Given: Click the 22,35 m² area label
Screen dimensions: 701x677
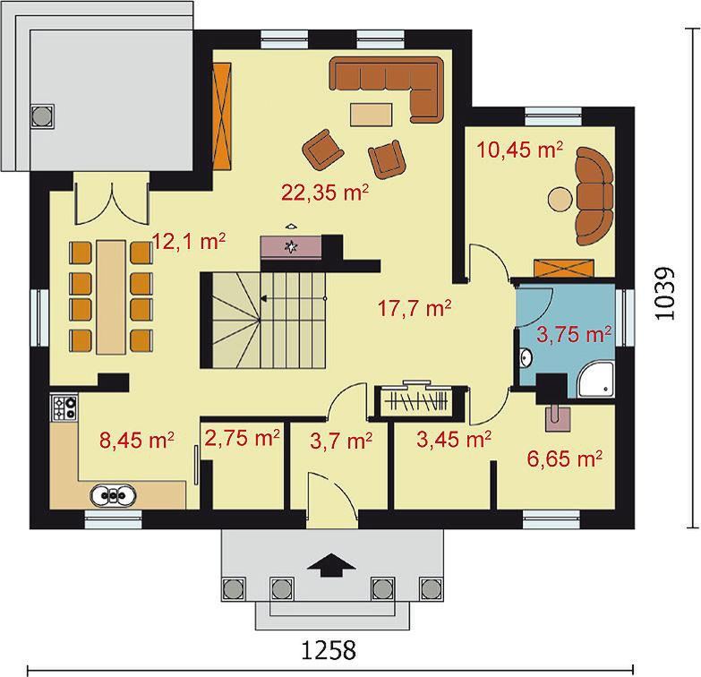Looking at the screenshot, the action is point(325,193).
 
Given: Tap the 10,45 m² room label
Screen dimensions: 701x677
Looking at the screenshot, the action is point(519,150).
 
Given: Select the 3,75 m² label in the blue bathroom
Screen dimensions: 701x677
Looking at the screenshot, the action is point(574,334).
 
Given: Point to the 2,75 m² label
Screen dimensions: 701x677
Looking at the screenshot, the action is point(243,438).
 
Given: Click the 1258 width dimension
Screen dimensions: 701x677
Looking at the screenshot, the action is point(329,650).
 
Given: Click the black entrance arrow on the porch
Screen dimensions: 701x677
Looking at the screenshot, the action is point(331,565).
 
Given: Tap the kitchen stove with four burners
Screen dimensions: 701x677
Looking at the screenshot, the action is point(64,407).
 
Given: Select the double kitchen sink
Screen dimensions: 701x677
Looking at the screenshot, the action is point(113,495).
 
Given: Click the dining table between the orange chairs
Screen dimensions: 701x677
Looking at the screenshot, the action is point(111,297).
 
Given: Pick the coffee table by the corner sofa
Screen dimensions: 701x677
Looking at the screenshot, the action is point(372,115).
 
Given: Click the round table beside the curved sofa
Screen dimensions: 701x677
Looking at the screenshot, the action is point(560,199).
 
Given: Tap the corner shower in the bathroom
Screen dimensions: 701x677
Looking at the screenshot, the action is point(596,379).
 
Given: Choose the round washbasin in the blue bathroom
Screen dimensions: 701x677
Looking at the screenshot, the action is point(526,358).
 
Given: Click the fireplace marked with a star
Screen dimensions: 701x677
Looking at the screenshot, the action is point(291,246).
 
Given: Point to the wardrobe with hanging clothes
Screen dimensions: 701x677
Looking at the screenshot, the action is point(416,400).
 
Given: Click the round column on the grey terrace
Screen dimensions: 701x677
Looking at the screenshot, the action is point(43,116).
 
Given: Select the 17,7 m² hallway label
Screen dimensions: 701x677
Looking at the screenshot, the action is point(415,308).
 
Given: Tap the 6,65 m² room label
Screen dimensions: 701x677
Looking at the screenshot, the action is point(565,458).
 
